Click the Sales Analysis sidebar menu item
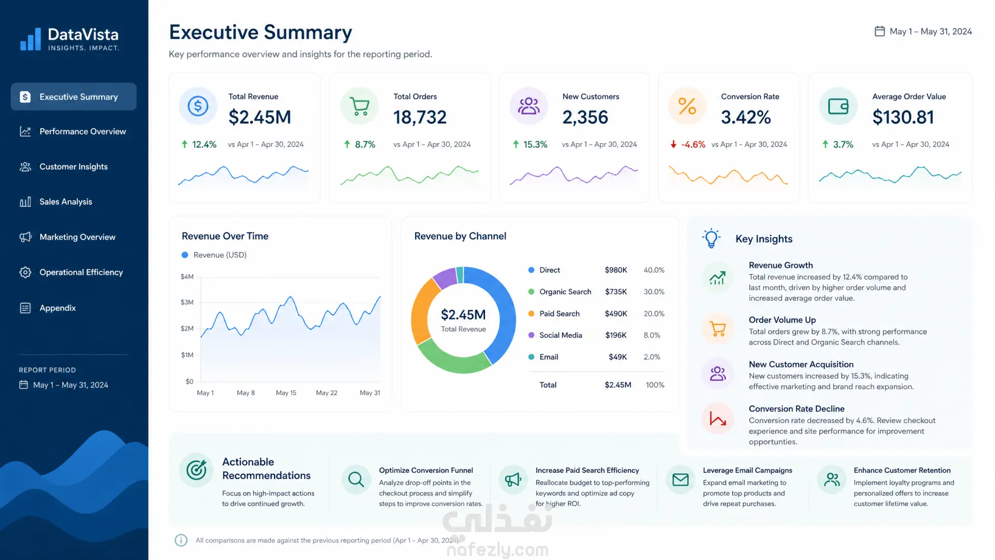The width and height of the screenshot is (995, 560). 65,202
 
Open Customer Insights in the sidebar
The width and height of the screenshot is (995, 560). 73,166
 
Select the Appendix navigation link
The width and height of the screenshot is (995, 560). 57,308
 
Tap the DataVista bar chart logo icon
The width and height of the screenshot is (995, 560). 31,39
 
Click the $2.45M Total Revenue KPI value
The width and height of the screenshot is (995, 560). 260,117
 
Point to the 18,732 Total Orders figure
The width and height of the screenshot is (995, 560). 420,117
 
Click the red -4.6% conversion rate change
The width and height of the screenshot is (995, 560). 693,145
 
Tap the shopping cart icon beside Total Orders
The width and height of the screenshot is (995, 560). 360,106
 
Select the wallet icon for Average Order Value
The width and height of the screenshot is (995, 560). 838,106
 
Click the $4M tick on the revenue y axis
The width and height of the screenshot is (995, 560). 187,277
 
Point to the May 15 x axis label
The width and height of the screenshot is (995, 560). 286,393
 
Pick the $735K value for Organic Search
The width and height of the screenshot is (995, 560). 616,292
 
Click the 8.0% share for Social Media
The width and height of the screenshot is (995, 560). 652,335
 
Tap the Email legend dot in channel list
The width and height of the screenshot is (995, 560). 531,357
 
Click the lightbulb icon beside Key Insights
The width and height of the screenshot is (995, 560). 712,239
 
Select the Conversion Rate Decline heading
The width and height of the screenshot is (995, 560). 797,409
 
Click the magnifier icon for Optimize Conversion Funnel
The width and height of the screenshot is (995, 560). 356,479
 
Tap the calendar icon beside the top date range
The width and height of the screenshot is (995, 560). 879,31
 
